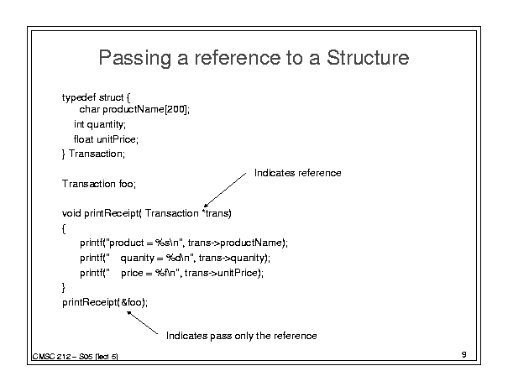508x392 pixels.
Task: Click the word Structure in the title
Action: click(x=368, y=57)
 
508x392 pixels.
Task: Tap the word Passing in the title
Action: click(x=135, y=58)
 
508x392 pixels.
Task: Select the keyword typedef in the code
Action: click(x=79, y=98)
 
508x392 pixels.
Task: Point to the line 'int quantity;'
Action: click(x=100, y=125)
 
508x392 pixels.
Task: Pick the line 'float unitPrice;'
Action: click(x=106, y=139)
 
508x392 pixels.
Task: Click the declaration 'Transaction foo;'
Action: click(x=99, y=184)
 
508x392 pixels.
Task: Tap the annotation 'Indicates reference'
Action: click(x=297, y=173)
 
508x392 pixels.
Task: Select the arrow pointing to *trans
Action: click(x=225, y=190)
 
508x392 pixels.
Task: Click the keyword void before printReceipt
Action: click(x=71, y=213)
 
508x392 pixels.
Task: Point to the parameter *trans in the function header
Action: click(x=217, y=213)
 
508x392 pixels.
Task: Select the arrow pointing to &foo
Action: click(x=142, y=322)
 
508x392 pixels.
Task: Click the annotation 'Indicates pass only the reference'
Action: click(x=241, y=336)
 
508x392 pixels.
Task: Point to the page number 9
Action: click(x=464, y=355)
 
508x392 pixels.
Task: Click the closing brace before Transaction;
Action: click(x=64, y=154)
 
